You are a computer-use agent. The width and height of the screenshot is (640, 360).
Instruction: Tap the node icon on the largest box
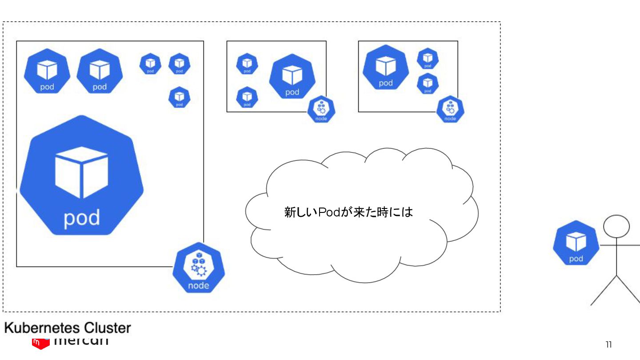pyautogui.click(x=198, y=269)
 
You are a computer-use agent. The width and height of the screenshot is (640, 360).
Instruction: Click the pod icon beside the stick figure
pyautogui.click(x=576, y=243)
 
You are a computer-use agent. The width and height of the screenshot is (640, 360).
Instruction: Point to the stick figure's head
pyautogui.click(x=616, y=226)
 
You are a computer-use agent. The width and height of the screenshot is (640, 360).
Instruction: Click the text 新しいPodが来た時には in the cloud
pyautogui.click(x=348, y=212)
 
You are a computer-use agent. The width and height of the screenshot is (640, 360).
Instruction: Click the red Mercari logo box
pyautogui.click(x=40, y=343)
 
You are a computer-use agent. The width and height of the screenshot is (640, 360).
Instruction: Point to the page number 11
pyautogui.click(x=608, y=344)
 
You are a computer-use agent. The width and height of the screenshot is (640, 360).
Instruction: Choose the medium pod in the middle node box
pyautogui.click(x=292, y=76)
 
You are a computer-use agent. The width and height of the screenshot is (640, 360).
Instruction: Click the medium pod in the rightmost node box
pyautogui.click(x=385, y=68)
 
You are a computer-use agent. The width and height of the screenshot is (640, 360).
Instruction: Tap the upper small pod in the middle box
pyautogui.click(x=247, y=64)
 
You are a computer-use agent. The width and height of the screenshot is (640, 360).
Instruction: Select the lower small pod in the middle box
pyautogui.click(x=247, y=97)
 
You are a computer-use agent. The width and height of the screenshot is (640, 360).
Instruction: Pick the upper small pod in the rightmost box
pyautogui.click(x=428, y=59)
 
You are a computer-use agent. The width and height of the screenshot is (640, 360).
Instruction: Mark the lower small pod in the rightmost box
pyautogui.click(x=428, y=84)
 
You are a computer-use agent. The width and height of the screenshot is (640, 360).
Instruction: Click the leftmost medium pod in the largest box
pyautogui.click(x=47, y=71)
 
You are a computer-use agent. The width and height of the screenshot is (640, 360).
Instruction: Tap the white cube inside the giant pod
pyautogui.click(x=81, y=172)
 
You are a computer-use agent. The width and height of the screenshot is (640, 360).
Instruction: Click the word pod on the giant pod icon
pyautogui.click(x=82, y=218)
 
